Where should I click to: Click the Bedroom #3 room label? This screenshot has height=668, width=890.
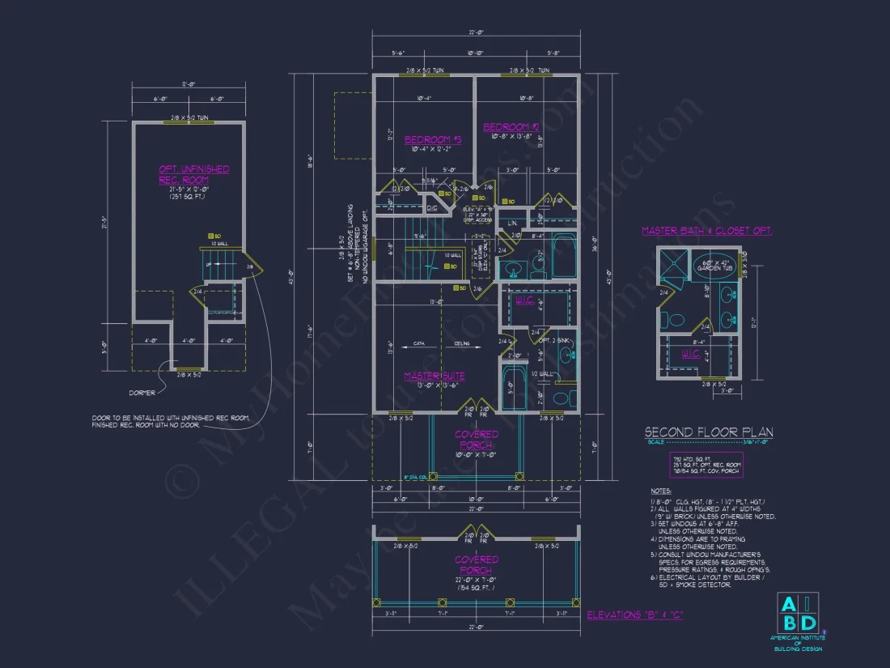[432, 140]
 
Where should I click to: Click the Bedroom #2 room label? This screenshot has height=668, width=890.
[511, 127]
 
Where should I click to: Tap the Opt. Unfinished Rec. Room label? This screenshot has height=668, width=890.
[194, 174]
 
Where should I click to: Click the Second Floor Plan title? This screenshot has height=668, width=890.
[702, 432]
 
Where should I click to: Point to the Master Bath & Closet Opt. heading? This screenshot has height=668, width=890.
[707, 231]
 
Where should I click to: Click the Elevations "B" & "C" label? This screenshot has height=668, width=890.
[635, 615]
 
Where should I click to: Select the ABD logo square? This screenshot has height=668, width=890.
[797, 613]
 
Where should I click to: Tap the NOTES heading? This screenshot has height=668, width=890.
[661, 491]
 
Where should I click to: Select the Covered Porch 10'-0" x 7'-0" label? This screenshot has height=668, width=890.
[477, 440]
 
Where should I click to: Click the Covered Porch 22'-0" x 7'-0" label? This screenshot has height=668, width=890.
[477, 564]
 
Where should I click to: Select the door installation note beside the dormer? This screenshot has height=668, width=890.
[171, 423]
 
